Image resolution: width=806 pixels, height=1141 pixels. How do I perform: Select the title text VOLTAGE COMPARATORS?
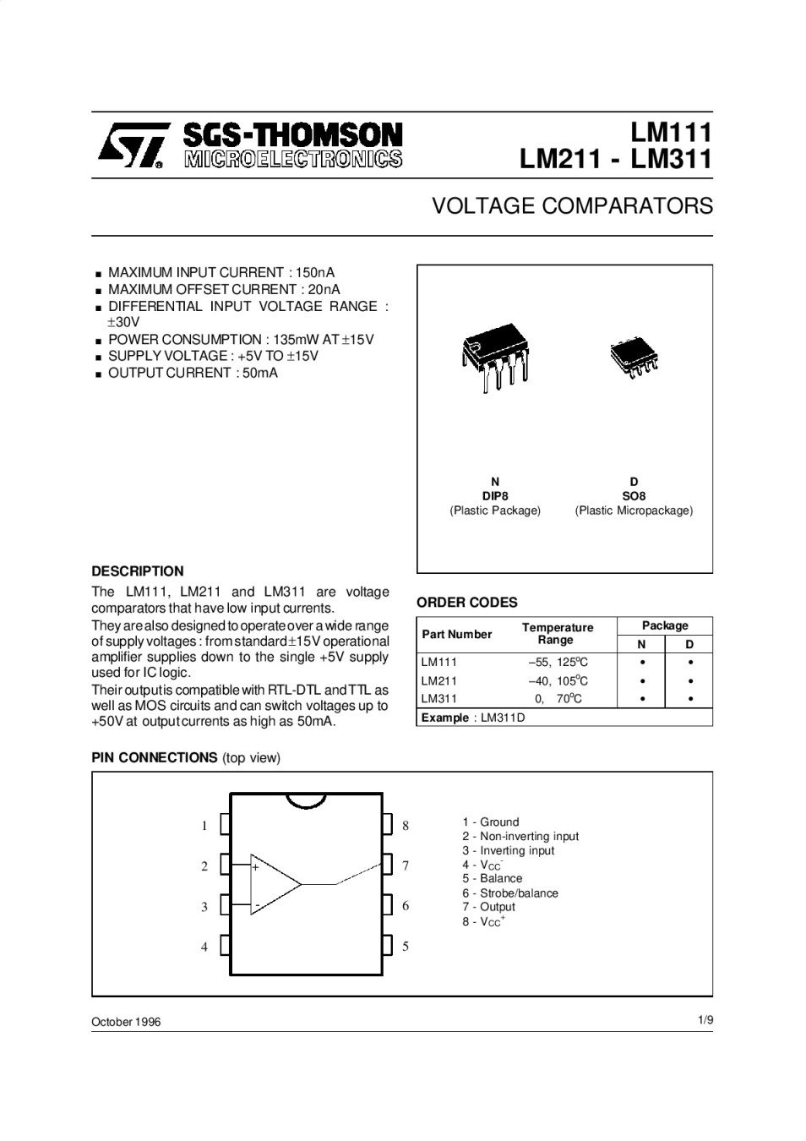pos(572,206)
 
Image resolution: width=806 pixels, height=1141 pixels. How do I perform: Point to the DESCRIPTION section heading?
pos(137,571)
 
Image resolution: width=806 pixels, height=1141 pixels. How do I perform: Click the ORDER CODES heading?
pos(466,603)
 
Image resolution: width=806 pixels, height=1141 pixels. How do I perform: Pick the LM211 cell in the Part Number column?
pos(439,680)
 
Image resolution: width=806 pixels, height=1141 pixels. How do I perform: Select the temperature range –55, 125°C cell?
pos(558,663)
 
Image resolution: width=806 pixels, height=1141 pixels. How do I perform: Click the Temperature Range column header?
pos(558,634)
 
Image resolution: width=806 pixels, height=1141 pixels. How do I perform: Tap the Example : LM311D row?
pos(473,718)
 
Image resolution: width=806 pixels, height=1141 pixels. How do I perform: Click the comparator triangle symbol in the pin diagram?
pos(275,884)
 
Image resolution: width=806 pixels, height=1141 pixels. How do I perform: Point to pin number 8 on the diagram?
pos(406,825)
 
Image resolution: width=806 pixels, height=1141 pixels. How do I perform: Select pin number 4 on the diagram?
pos(204,947)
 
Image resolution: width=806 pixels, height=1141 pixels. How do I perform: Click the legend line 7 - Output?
pos(488,907)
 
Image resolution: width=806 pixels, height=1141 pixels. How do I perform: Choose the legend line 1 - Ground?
pos(490,822)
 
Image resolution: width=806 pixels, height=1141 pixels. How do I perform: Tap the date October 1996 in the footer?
pos(126,1022)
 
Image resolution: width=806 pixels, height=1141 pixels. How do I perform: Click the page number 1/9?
pos(705,1020)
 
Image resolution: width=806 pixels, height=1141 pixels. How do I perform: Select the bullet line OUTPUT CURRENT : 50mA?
pos(193,373)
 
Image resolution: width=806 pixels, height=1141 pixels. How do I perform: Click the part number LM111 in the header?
pos(672,133)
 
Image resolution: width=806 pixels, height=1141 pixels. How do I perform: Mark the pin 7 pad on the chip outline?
pos(388,865)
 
